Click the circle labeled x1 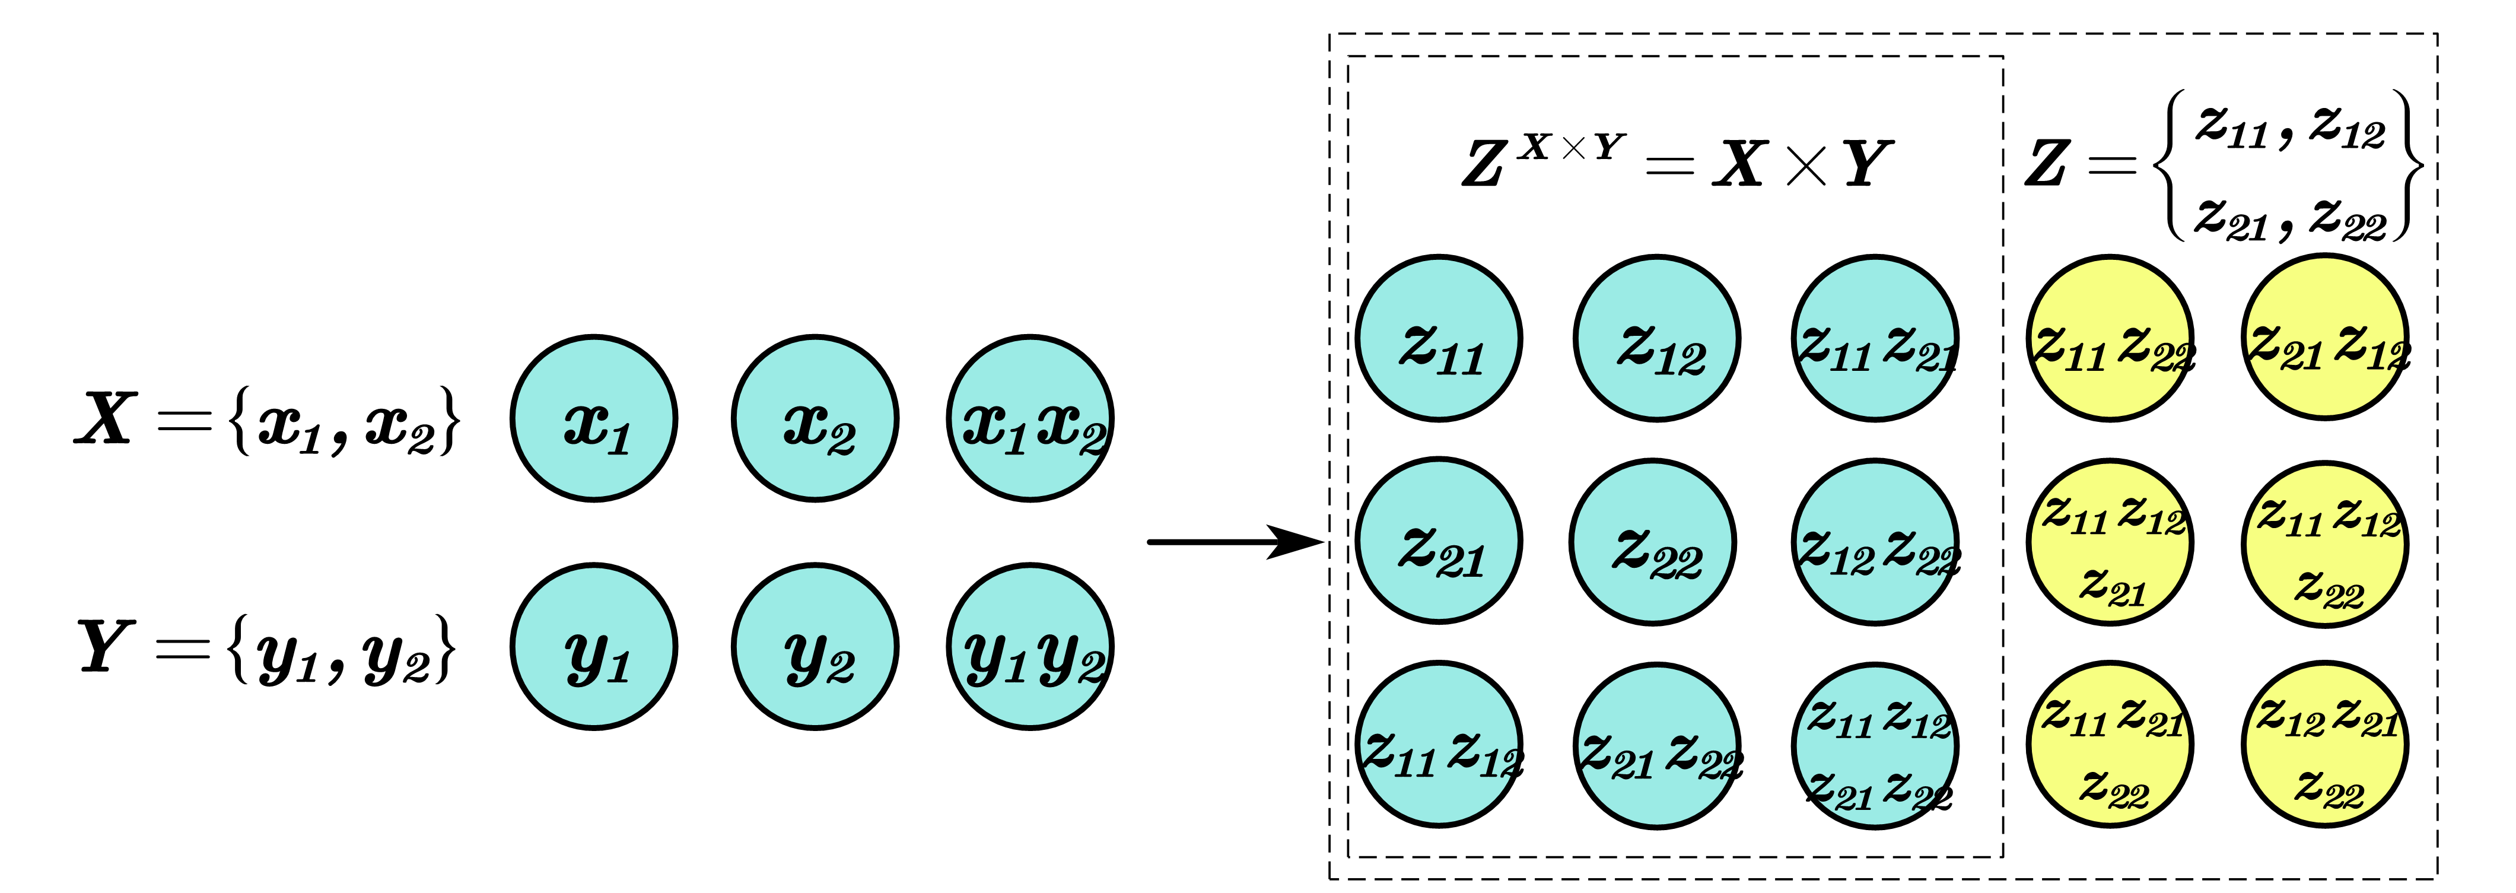click(x=594, y=418)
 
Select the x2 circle click(x=815, y=418)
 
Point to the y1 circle click(x=594, y=647)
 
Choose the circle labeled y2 click(x=815, y=647)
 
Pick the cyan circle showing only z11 click(x=1439, y=338)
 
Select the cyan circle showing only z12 click(x=1656, y=338)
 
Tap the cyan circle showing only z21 click(x=1439, y=541)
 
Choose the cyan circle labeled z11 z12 click(x=1439, y=745)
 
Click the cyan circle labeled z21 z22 click(x=1656, y=745)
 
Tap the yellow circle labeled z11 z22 click(x=2110, y=338)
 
